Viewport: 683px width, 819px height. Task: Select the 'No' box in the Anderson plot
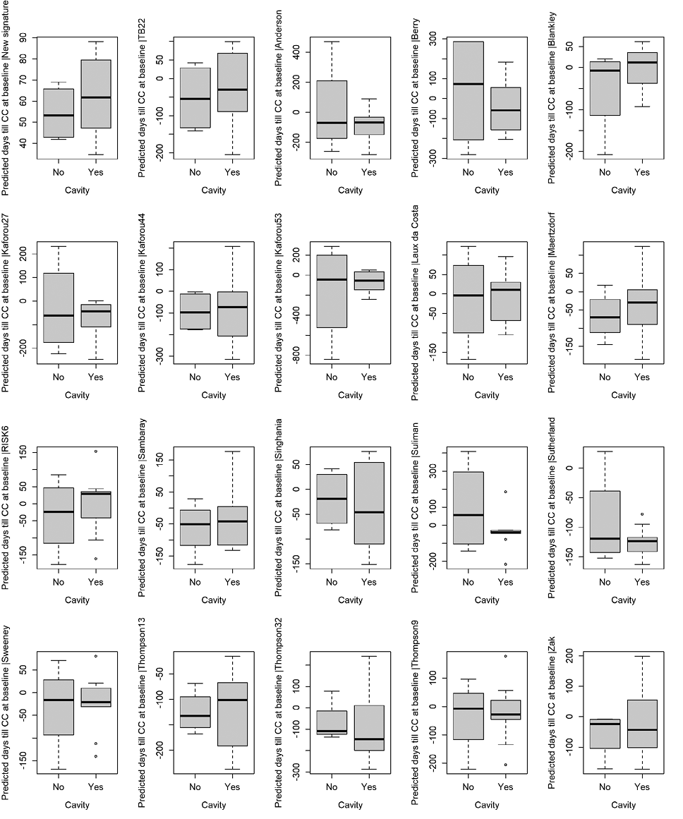click(331, 109)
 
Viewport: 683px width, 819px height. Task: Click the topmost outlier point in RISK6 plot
click(96, 451)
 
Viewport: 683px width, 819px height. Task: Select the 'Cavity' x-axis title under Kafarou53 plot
click(350, 395)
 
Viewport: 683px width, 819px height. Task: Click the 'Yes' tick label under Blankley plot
click(641, 172)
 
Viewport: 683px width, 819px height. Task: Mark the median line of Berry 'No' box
click(468, 84)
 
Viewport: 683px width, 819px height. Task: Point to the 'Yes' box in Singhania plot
click(369, 503)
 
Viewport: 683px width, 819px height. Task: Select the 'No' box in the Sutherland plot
click(604, 521)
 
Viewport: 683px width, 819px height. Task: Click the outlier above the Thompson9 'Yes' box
click(505, 656)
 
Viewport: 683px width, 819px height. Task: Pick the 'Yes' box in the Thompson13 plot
click(232, 714)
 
